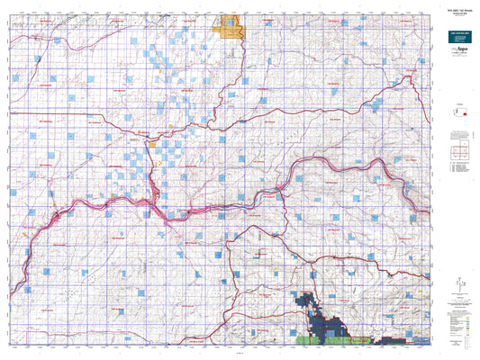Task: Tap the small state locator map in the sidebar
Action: click(461, 113)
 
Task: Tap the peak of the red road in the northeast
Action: click(410, 77)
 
